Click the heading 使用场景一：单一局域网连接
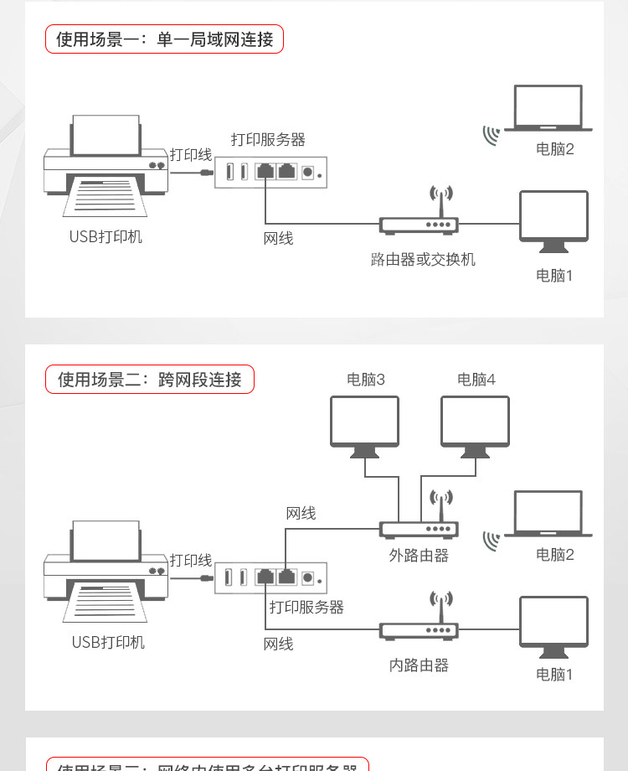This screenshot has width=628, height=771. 164,39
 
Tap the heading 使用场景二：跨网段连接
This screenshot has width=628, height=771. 149,380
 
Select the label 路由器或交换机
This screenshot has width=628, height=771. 423,260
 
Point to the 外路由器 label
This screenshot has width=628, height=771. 419,556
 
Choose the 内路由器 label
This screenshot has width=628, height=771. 419,665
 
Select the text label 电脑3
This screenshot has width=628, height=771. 366,380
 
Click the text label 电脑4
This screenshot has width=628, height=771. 476,380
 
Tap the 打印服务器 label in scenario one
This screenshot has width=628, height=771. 268,140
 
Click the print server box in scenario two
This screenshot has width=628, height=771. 270,577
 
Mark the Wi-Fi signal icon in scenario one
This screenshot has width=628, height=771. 491,135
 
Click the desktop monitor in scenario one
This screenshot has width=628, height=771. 553,220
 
